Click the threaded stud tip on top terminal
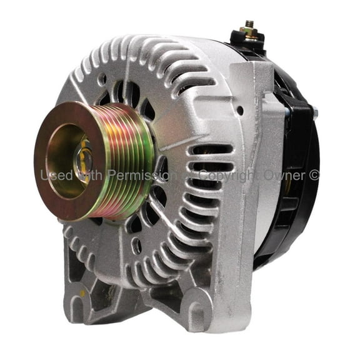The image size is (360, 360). pos(248,23)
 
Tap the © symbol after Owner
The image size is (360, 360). pos(314,176)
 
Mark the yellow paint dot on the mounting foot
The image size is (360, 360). pos(82,292)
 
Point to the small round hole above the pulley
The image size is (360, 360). pos(101,80)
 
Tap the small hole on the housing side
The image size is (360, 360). pos(241,110)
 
